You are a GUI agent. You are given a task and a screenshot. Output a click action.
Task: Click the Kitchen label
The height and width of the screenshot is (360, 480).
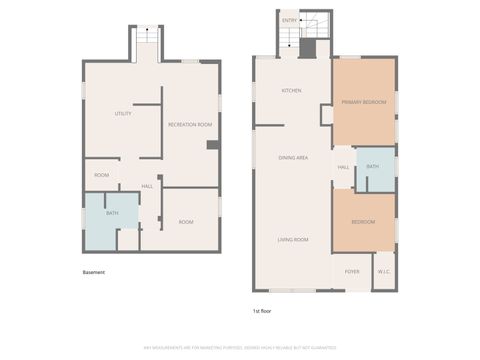click(x=291, y=91)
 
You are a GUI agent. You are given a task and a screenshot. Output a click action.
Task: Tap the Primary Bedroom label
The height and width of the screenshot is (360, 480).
click(x=363, y=101)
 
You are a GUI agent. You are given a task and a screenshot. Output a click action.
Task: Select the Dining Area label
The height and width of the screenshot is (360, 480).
click(x=292, y=158)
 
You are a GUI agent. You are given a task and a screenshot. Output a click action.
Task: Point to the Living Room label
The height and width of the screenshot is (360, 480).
click(x=292, y=240)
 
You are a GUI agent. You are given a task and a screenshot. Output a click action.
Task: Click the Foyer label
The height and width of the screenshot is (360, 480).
click(x=352, y=271)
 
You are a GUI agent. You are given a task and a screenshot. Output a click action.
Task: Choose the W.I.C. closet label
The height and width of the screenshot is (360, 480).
click(x=383, y=271)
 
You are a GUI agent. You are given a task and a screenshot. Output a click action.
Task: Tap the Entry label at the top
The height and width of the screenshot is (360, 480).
click(x=289, y=20)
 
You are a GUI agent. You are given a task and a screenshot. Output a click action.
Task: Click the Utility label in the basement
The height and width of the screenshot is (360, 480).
click(x=123, y=114)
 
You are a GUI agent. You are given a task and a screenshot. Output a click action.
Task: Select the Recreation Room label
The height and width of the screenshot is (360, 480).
click(x=190, y=124)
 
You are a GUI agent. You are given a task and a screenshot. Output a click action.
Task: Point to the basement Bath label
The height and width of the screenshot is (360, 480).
click(x=112, y=212)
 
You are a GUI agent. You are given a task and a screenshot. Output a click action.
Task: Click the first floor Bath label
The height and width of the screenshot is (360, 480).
click(x=372, y=166)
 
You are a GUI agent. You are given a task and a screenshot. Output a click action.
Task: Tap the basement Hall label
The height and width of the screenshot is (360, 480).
click(x=147, y=186)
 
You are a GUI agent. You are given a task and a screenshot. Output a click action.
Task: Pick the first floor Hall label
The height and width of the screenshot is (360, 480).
click(x=342, y=167)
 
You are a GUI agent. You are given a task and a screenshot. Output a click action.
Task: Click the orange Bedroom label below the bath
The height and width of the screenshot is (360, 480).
click(x=363, y=221)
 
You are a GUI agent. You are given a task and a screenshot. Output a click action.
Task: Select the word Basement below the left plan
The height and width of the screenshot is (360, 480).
click(x=94, y=272)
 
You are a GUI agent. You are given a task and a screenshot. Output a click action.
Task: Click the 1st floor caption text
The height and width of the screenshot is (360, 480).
click(x=262, y=311)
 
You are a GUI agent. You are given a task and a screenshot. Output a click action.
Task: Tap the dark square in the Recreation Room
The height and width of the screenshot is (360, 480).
click(x=213, y=144)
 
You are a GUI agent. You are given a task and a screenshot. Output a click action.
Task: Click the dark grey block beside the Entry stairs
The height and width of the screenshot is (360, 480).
click(x=308, y=48)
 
